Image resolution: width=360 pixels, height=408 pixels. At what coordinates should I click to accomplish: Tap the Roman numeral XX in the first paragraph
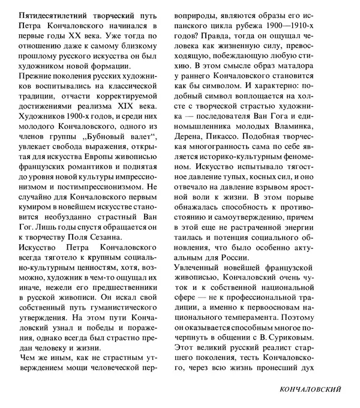pos(106,37)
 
